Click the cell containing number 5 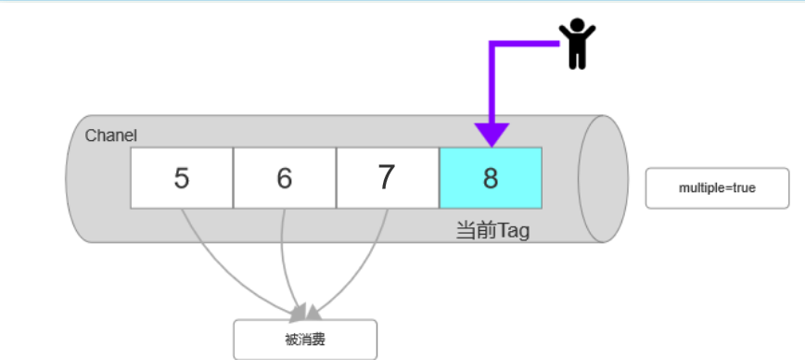(x=182, y=177)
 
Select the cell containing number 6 (x=284, y=177)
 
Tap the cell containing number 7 (x=387, y=177)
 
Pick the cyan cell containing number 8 (x=490, y=177)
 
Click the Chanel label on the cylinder (x=111, y=135)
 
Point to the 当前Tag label (x=492, y=230)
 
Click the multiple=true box (x=717, y=187)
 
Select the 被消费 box (x=305, y=339)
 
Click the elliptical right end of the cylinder (x=604, y=178)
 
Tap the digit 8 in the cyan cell (x=490, y=177)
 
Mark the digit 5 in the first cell (x=182, y=177)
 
